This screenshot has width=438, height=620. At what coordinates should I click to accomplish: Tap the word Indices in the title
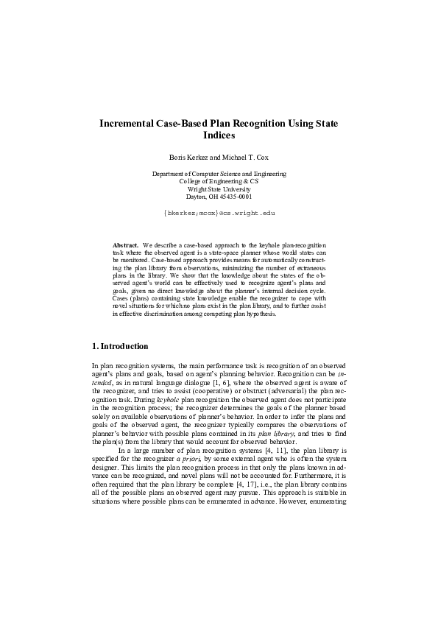coord(219,136)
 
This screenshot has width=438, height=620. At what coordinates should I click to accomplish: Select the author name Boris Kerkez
coord(190,158)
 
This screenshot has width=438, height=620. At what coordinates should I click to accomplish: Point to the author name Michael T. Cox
coord(244,158)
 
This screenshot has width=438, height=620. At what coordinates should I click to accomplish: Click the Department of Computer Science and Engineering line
coord(219,174)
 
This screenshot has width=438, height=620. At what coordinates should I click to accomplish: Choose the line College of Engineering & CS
coord(219,181)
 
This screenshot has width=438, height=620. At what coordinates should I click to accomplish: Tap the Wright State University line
coord(219,189)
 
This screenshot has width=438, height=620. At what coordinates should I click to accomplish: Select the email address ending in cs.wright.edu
coord(219,212)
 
